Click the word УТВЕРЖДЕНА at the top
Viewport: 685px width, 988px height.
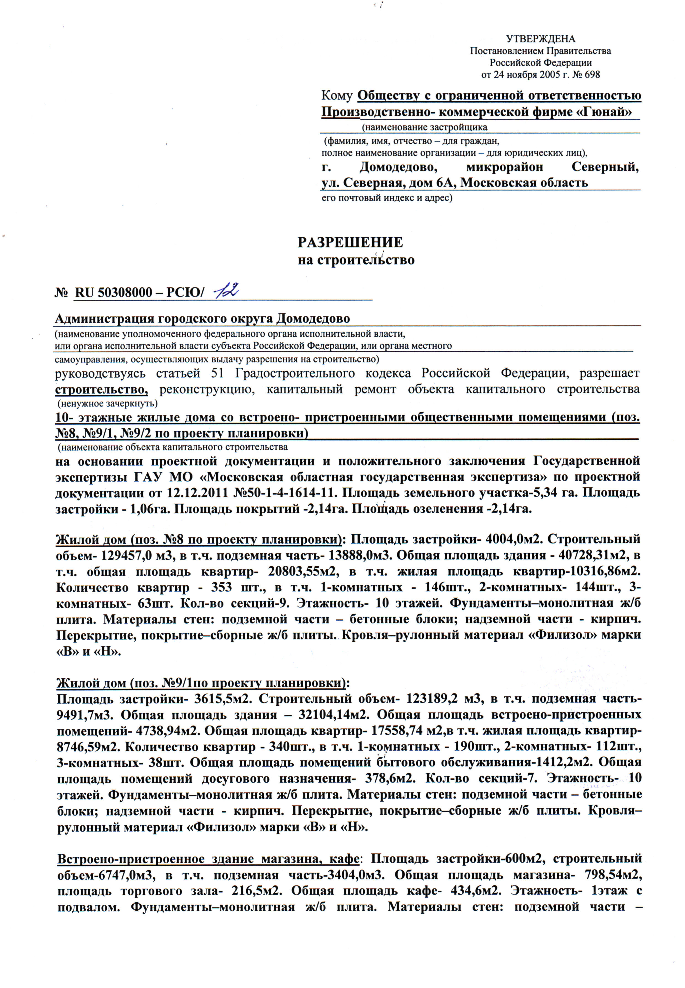coord(541,39)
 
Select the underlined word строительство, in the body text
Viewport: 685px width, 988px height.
coord(102,389)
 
